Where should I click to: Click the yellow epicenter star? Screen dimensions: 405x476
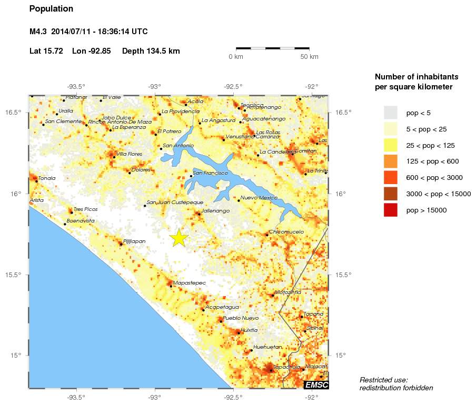(x=179, y=238)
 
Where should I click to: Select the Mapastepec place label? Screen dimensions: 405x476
(x=189, y=283)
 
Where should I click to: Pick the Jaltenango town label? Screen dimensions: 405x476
(x=216, y=210)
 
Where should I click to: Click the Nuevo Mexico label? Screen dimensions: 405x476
(x=255, y=198)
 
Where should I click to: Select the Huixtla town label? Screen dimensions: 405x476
(x=247, y=330)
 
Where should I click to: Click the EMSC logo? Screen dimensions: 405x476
(x=316, y=386)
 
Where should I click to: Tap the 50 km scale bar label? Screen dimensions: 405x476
(x=310, y=57)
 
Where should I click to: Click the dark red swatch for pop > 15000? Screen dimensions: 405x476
(x=390, y=210)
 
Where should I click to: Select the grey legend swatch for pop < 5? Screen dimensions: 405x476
(x=390, y=113)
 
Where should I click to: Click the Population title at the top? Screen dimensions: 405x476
(x=52, y=9)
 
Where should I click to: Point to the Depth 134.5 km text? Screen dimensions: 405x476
(x=151, y=51)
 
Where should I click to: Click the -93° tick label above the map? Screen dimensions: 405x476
(x=154, y=87)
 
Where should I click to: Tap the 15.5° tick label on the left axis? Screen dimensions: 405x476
(x=16, y=275)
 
